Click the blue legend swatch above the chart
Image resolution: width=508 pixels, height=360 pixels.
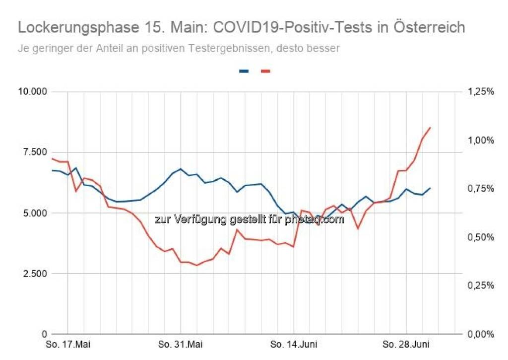(244, 72)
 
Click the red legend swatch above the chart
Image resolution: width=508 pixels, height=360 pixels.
(266, 72)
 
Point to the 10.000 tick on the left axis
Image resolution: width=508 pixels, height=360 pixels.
(33, 92)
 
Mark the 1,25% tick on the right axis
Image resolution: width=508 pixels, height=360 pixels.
(480, 92)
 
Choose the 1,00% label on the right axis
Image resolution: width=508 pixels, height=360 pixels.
(480, 140)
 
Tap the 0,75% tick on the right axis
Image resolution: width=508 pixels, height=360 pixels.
(480, 189)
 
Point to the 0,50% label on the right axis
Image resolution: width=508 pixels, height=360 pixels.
(480, 237)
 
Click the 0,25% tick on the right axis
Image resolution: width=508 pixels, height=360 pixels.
(480, 286)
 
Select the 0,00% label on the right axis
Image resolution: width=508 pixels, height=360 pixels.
(480, 334)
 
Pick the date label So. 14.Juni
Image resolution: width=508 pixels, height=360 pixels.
(294, 345)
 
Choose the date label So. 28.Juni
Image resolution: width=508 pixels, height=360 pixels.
(406, 345)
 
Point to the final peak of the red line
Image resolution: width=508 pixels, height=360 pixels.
(430, 128)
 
